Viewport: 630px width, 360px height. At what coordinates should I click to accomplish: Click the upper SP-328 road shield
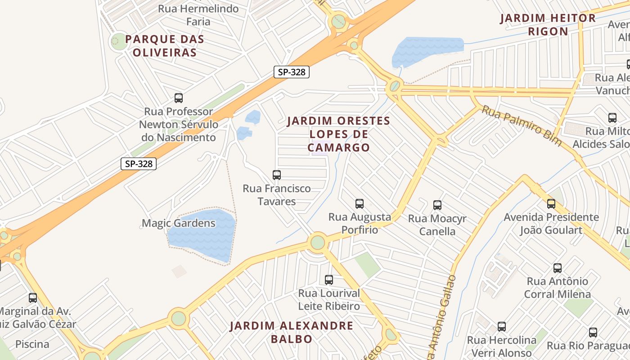point(292,72)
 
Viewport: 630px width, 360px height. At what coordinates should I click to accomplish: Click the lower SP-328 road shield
point(139,164)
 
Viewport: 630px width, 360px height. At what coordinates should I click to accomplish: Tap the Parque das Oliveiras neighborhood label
point(165,46)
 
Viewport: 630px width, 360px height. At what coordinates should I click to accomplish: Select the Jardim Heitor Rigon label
point(548,25)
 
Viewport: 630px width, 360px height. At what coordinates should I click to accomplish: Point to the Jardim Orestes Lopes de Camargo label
point(338,134)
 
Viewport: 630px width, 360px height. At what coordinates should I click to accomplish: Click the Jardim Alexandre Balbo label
point(292,332)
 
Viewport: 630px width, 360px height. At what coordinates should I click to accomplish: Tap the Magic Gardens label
point(179,223)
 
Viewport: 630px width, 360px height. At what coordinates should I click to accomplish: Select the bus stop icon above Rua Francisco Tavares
point(277,175)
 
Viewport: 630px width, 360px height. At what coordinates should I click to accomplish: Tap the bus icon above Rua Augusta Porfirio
point(360,204)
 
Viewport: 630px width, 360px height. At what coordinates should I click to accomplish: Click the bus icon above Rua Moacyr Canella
point(437,206)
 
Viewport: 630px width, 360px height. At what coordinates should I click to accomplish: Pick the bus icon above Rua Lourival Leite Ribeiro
point(329,280)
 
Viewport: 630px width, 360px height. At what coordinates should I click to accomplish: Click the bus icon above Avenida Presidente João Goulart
point(551,204)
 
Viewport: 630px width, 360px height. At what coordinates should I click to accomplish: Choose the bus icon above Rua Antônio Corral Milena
point(558,268)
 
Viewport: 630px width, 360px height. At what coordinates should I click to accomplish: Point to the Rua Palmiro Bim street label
point(522,126)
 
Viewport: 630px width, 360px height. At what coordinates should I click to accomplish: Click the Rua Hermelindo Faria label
point(198,15)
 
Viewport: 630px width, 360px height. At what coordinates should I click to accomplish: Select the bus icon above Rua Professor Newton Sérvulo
point(179,98)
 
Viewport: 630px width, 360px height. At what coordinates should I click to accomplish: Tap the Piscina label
point(32,344)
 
